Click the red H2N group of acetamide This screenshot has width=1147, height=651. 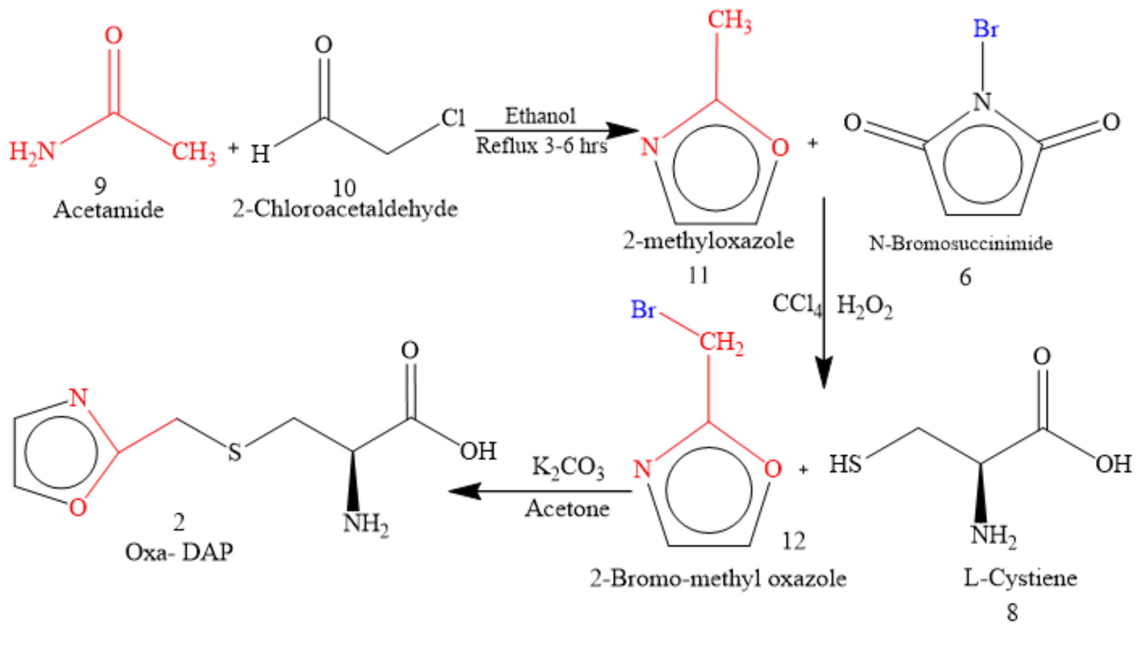point(32,152)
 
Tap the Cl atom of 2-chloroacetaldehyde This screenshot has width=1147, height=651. point(453,118)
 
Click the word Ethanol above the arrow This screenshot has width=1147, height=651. point(540,116)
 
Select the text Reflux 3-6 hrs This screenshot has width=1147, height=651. point(541,146)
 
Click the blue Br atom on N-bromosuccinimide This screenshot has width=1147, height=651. point(985,29)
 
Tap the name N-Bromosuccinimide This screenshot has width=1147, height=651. point(960,243)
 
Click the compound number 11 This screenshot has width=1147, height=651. point(698,276)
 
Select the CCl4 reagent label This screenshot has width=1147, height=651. point(797,304)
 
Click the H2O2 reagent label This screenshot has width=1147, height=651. point(864,307)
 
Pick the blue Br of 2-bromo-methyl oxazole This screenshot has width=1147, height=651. point(643,309)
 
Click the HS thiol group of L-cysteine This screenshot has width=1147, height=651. point(845,464)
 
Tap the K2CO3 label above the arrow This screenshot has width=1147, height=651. point(568,468)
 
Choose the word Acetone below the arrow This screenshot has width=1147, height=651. point(567,509)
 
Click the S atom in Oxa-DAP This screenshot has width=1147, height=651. point(235,452)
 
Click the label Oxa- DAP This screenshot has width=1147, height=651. point(179,553)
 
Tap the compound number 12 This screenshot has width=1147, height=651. point(793,542)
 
